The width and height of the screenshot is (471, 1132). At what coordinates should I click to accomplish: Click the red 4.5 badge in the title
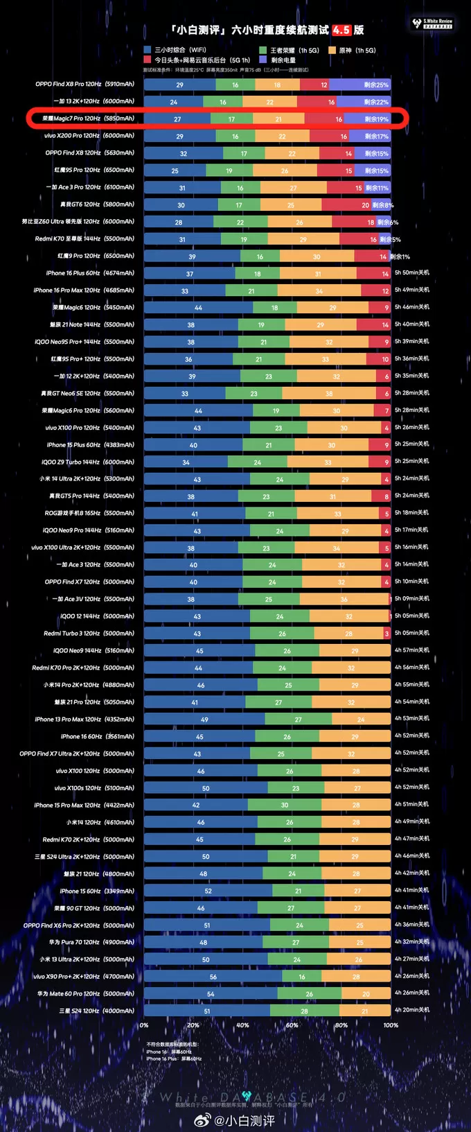tap(341, 30)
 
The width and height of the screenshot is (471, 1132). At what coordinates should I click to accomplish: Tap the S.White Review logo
tap(432, 24)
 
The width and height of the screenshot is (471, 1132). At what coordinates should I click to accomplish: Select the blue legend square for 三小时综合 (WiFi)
tap(148, 50)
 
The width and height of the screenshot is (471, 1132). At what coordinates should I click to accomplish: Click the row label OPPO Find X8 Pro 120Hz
tap(85, 85)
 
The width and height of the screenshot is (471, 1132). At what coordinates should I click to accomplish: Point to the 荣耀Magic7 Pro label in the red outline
tap(88, 119)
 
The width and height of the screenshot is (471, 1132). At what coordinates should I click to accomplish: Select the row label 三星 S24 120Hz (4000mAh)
tap(96, 1011)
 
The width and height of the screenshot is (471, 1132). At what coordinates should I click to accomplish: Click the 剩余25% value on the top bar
tap(376, 85)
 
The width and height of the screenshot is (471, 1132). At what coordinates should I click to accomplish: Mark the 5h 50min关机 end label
tap(411, 273)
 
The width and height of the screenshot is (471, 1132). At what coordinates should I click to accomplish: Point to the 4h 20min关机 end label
tap(411, 1010)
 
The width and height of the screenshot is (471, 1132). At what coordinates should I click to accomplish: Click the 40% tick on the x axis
tap(242, 1025)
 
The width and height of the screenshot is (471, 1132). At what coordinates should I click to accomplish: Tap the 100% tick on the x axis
tap(391, 1025)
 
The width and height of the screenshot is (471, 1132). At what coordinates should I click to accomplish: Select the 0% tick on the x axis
tap(144, 1025)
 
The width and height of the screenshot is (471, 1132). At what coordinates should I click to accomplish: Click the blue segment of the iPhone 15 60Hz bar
tap(208, 891)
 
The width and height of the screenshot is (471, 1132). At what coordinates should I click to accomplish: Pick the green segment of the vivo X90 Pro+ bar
tap(301, 977)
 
